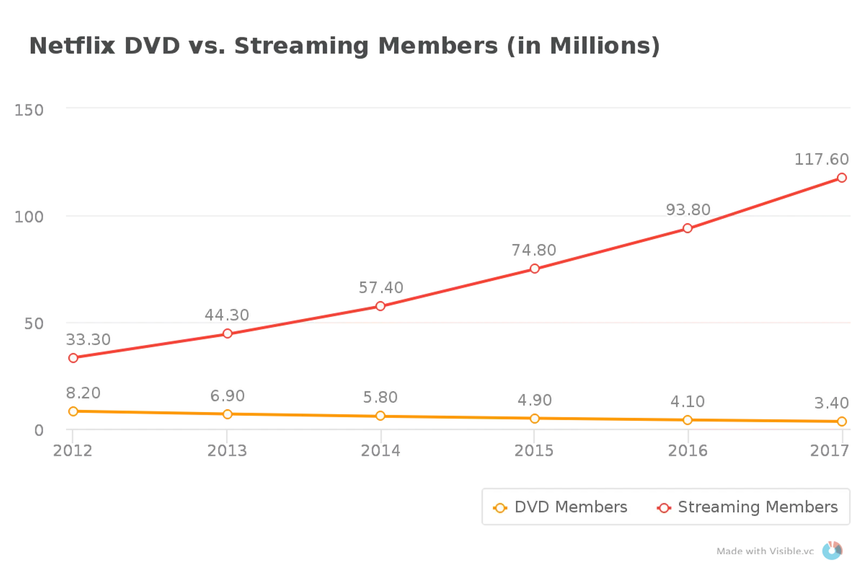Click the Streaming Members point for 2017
point(842,177)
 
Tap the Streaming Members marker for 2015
point(534,268)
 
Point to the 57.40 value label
point(381,287)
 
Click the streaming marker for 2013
point(228,333)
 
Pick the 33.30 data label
point(88,340)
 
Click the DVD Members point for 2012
point(73,411)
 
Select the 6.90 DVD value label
point(228,396)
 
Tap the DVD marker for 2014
point(381,415)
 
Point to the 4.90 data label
point(534,400)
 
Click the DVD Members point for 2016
point(688,420)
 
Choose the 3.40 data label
point(831,403)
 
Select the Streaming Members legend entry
point(747,507)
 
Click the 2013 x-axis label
point(228,450)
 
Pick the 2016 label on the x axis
point(688,450)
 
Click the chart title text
point(345,47)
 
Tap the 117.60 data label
point(821,160)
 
